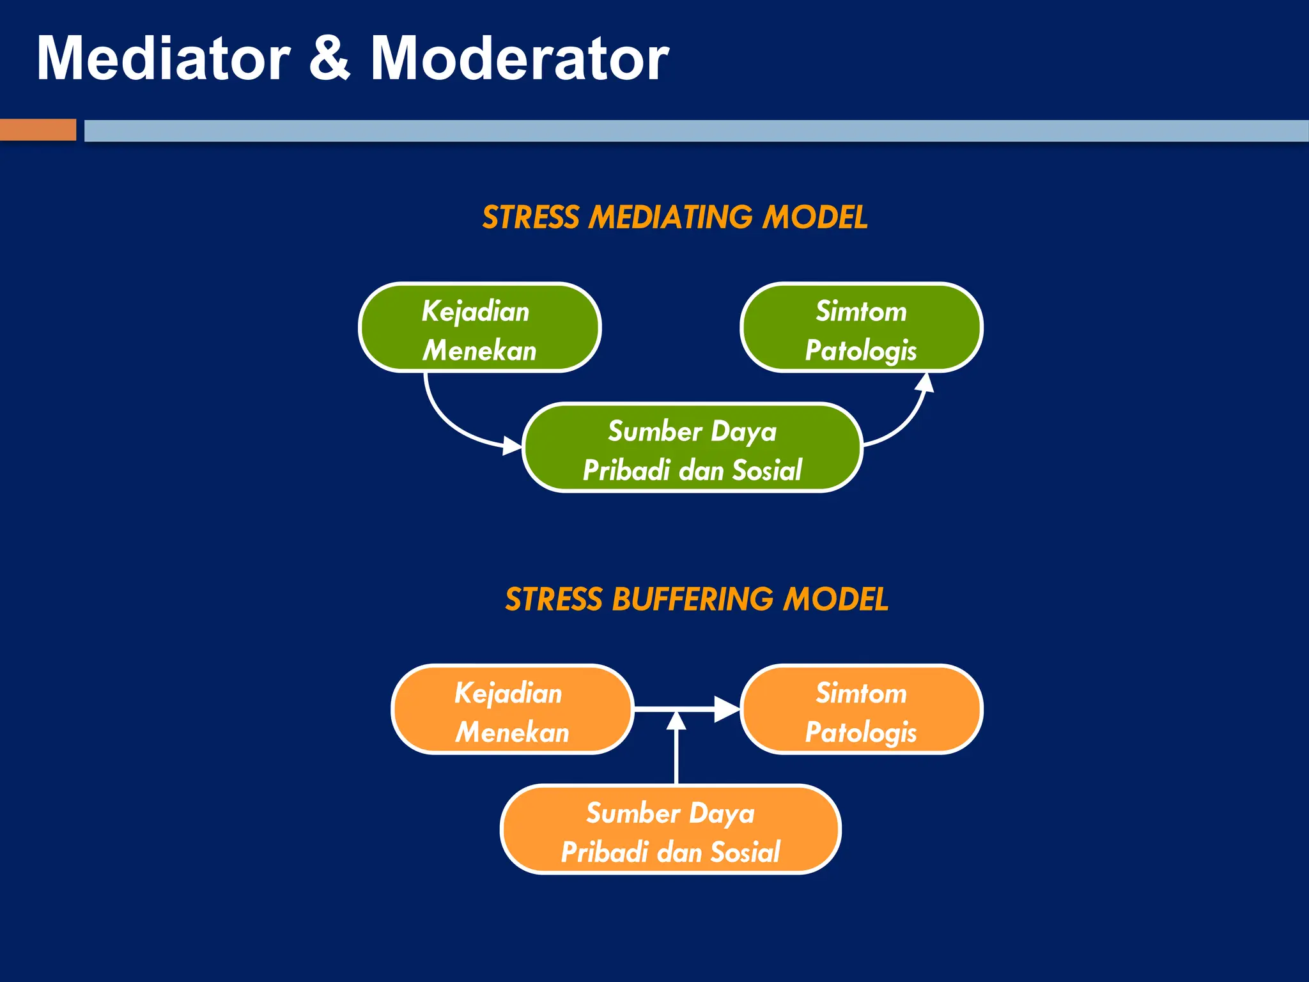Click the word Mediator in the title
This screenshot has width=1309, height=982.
click(x=163, y=59)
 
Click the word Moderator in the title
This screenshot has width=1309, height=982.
click(x=519, y=59)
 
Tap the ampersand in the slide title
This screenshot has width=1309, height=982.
click(x=330, y=59)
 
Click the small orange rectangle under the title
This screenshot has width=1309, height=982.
click(x=38, y=130)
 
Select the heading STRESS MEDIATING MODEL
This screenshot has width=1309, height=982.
click(x=674, y=217)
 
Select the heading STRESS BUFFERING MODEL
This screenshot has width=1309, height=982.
click(x=696, y=600)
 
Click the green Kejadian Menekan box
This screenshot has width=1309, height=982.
click(x=479, y=327)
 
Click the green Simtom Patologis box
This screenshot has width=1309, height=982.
click(x=861, y=327)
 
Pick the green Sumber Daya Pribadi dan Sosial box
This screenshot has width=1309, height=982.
click(x=692, y=448)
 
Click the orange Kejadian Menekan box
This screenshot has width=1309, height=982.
click(x=512, y=709)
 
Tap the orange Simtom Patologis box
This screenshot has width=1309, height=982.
click(x=861, y=709)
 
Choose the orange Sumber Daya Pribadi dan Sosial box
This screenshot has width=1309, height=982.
click(x=670, y=829)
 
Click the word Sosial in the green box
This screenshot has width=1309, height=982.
click(x=766, y=471)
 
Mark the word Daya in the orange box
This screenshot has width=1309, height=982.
click(x=722, y=814)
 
